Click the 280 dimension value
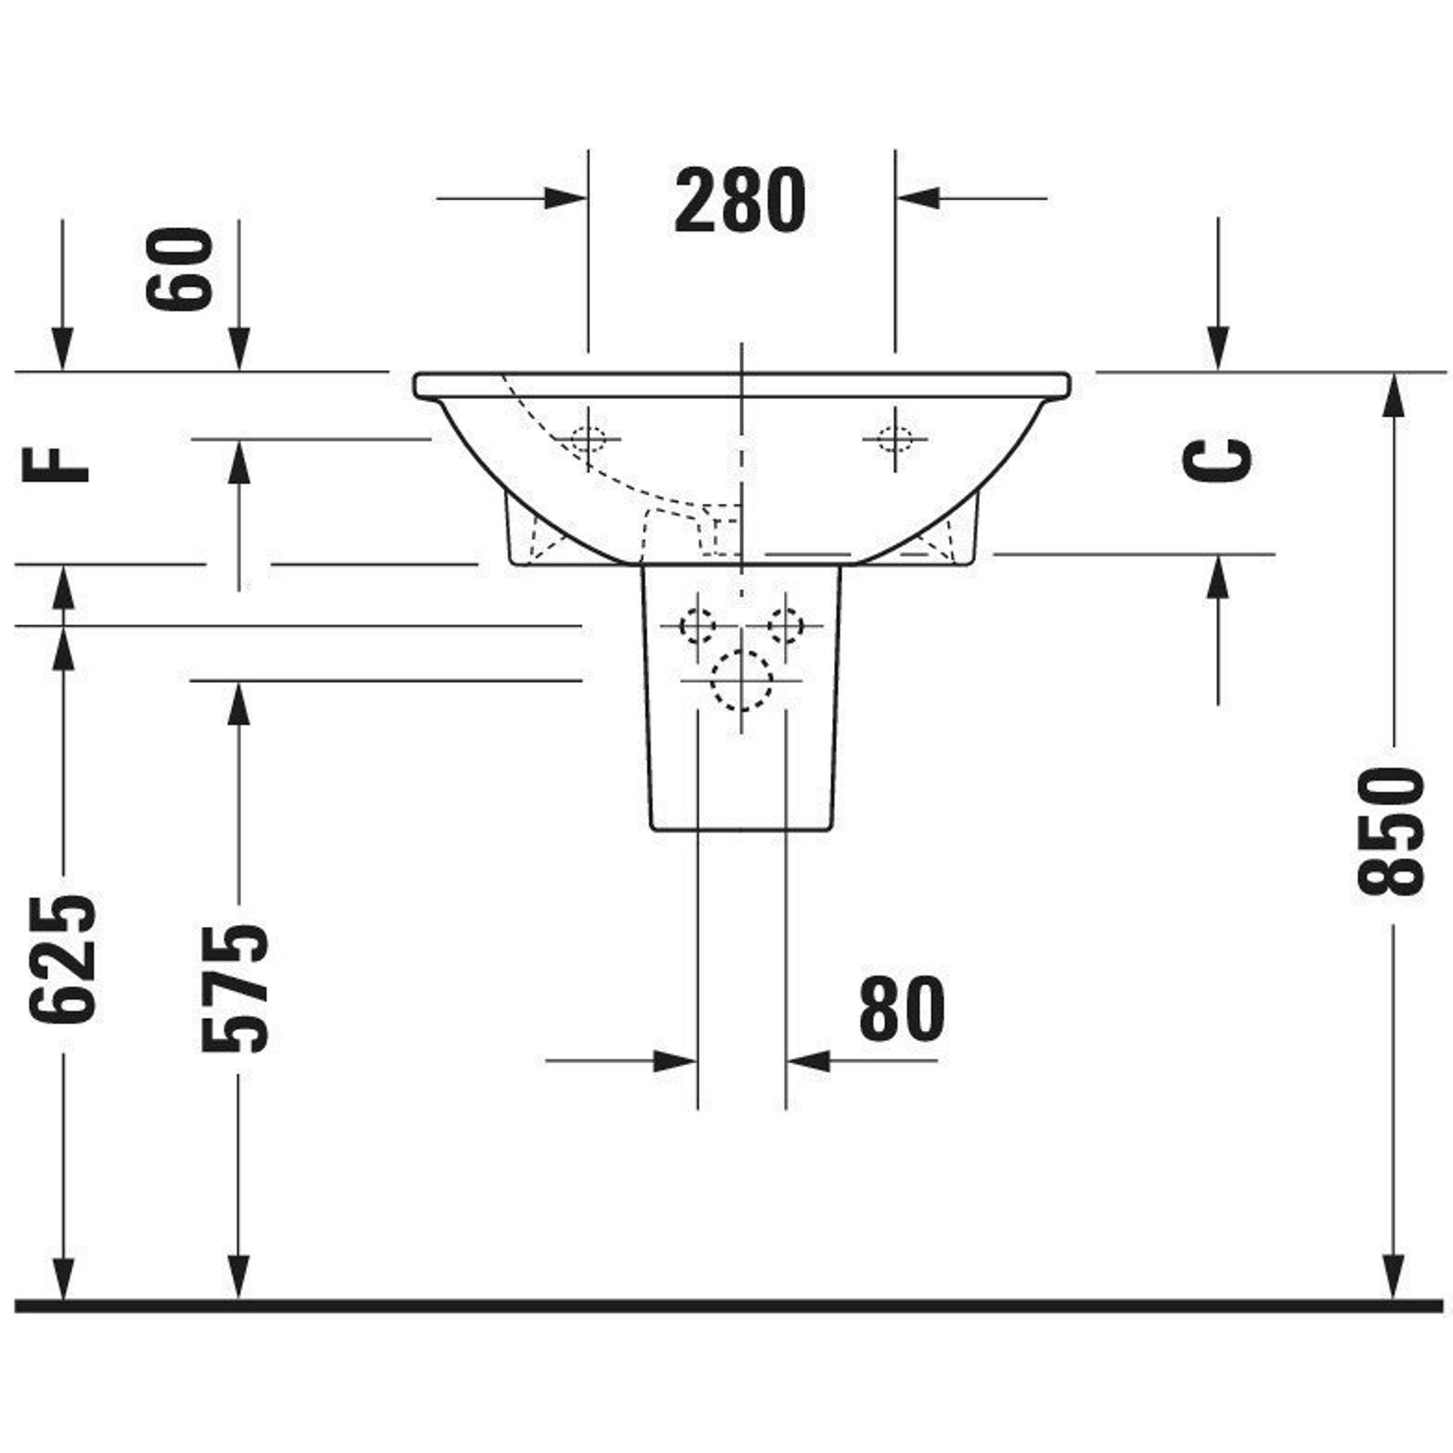click(740, 201)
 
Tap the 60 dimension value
click(179, 269)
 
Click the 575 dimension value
click(235, 987)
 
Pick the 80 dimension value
click(902, 1008)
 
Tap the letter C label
click(1218, 460)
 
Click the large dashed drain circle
click(742, 680)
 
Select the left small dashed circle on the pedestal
click(697, 625)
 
